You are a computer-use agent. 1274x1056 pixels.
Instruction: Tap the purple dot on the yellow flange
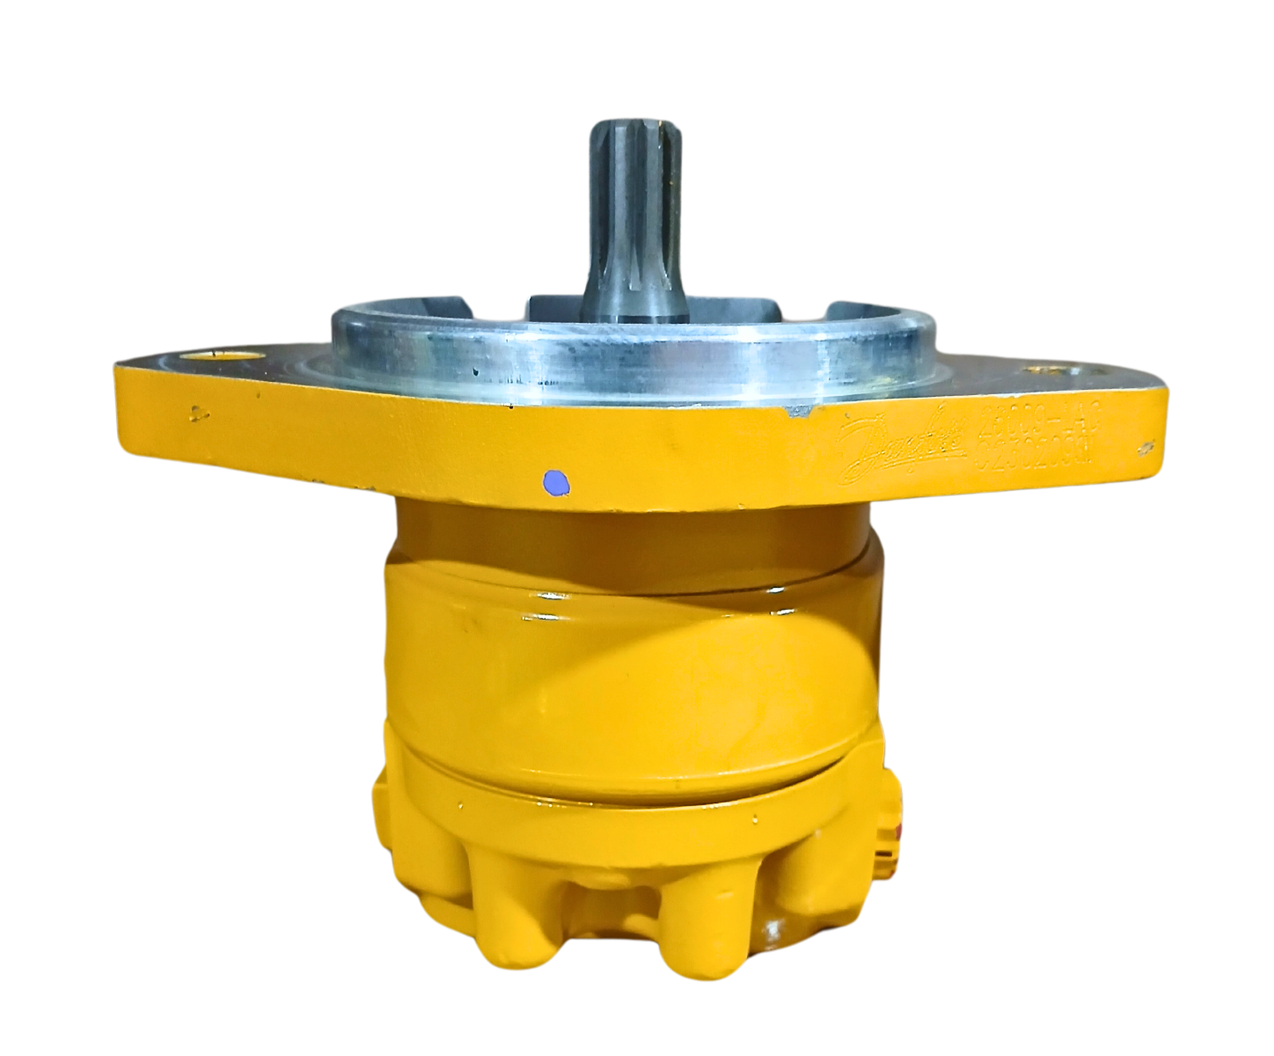click(x=556, y=481)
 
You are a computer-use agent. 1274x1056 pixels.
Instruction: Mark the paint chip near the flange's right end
click(x=1146, y=448)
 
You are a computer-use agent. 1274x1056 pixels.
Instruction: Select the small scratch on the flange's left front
click(x=199, y=409)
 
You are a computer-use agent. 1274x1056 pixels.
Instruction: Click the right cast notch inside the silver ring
click(x=858, y=312)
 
